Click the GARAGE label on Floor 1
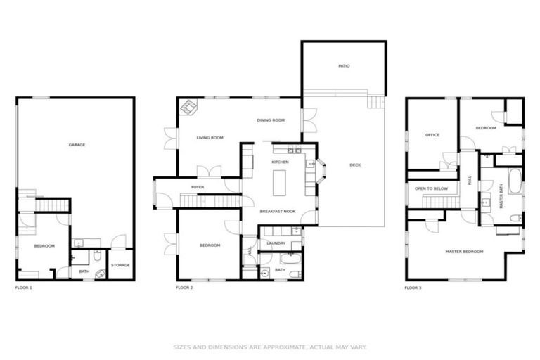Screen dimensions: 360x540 pos(77,145)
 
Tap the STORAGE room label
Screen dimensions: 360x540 pos(120,265)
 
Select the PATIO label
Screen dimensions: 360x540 pos(344,66)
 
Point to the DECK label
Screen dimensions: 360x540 pos(355,165)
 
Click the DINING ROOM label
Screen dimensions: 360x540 pos(270,120)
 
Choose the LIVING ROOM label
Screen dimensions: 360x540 pos(210,138)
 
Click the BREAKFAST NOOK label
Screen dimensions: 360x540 pos(277,211)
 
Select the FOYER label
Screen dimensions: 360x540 pos(198,187)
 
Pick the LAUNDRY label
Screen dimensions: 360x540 pos(276,243)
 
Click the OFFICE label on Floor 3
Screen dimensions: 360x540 pos(432,135)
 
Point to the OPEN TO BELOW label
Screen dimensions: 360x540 pos(432,188)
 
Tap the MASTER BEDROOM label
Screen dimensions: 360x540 pos(464,251)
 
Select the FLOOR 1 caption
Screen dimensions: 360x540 pos(24,288)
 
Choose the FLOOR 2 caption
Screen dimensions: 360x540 pos(184,288)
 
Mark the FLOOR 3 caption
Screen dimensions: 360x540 pos(413,288)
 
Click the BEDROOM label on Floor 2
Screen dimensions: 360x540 pos(210,245)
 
